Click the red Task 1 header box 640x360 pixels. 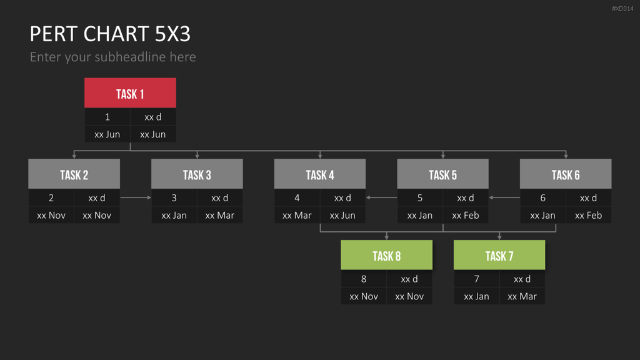(x=130, y=92)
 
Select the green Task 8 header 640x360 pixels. (x=386, y=255)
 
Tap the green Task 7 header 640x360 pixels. (x=499, y=255)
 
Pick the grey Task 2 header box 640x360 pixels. (x=74, y=174)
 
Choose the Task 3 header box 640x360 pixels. (x=197, y=174)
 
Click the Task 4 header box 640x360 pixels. (x=320, y=174)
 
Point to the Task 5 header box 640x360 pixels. (x=443, y=174)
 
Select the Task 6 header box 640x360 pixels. (x=566, y=174)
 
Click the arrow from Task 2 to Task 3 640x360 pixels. (x=136, y=197)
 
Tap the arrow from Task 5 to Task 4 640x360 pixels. (x=382, y=197)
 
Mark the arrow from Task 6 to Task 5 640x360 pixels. (x=504, y=197)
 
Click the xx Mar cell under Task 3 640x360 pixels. (x=220, y=215)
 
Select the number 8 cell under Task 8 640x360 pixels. (x=364, y=279)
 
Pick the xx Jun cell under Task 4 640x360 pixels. (x=343, y=215)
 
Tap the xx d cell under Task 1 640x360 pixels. (x=153, y=117)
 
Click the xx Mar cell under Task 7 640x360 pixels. (x=522, y=296)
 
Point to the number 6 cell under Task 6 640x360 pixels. (x=543, y=198)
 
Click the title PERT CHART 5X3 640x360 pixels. (x=110, y=34)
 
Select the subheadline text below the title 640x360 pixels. (x=113, y=57)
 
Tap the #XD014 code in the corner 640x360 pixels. (x=622, y=9)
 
